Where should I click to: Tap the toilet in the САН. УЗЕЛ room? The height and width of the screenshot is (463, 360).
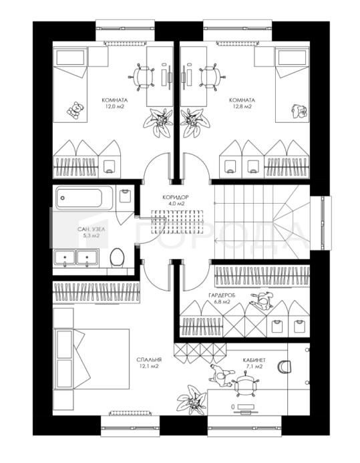[117, 257]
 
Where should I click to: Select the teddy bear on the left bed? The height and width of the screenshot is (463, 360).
[75, 110]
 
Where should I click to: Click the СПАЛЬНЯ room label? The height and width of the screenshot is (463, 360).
[149, 360]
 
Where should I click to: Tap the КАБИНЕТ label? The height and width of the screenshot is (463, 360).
[254, 360]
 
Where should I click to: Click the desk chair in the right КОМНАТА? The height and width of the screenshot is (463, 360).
[212, 77]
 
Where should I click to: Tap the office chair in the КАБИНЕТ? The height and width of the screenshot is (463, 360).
[244, 384]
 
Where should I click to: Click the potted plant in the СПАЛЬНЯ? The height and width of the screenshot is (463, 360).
[192, 400]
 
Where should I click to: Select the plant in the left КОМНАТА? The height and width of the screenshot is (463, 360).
[158, 122]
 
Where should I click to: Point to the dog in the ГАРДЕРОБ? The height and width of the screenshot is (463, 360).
[262, 301]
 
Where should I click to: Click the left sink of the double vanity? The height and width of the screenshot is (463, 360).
[65, 257]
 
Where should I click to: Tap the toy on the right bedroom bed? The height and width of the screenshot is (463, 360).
[299, 111]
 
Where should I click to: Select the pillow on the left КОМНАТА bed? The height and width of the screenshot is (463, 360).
[70, 57]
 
